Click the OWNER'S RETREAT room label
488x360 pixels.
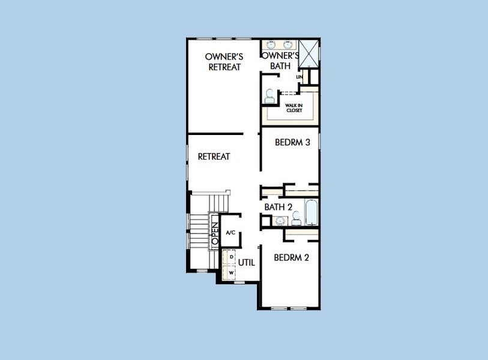(x=224, y=62)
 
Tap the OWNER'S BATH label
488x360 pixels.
(x=280, y=61)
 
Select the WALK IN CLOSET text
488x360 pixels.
(x=294, y=108)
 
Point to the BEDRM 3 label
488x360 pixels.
(x=292, y=142)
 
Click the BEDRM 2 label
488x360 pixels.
(x=292, y=257)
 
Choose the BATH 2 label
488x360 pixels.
(x=279, y=207)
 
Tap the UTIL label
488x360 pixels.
(x=247, y=263)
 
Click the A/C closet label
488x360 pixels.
(x=230, y=232)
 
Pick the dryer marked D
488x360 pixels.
(x=229, y=257)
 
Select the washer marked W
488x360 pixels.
(x=229, y=272)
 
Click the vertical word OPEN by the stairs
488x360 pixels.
(x=215, y=233)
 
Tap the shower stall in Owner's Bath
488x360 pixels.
(x=309, y=53)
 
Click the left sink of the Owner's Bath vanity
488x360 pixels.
(x=271, y=45)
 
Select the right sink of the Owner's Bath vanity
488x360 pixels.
(x=289, y=45)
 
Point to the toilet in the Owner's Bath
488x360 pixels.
(x=269, y=96)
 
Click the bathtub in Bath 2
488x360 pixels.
(x=311, y=212)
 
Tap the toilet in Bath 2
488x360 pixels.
(x=296, y=218)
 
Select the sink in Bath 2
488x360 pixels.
(x=280, y=221)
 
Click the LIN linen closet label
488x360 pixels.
(x=300, y=77)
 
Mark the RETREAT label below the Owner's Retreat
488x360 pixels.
(x=214, y=156)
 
